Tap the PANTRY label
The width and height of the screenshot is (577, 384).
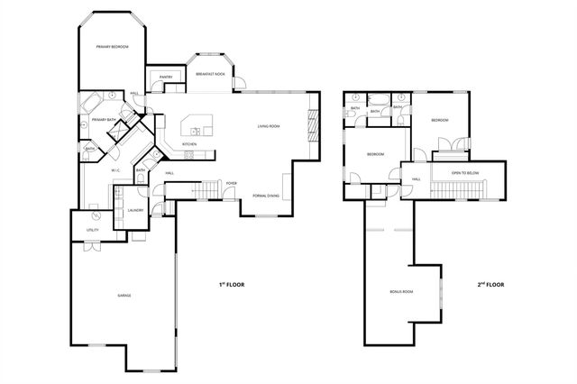point(166,78)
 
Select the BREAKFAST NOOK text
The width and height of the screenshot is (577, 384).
point(210,74)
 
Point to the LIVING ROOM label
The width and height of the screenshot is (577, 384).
point(268,126)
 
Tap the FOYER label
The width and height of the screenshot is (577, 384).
point(231,183)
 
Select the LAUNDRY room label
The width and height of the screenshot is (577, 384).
point(135,210)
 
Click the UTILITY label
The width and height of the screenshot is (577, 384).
point(92,230)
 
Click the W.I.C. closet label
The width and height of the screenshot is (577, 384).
point(116,169)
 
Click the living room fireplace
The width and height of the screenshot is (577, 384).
point(315,123)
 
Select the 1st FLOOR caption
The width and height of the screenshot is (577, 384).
point(231,284)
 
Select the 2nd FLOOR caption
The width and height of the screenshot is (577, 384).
point(490,284)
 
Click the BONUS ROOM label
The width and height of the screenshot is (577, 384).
point(400,292)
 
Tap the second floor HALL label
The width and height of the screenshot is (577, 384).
point(417,178)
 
